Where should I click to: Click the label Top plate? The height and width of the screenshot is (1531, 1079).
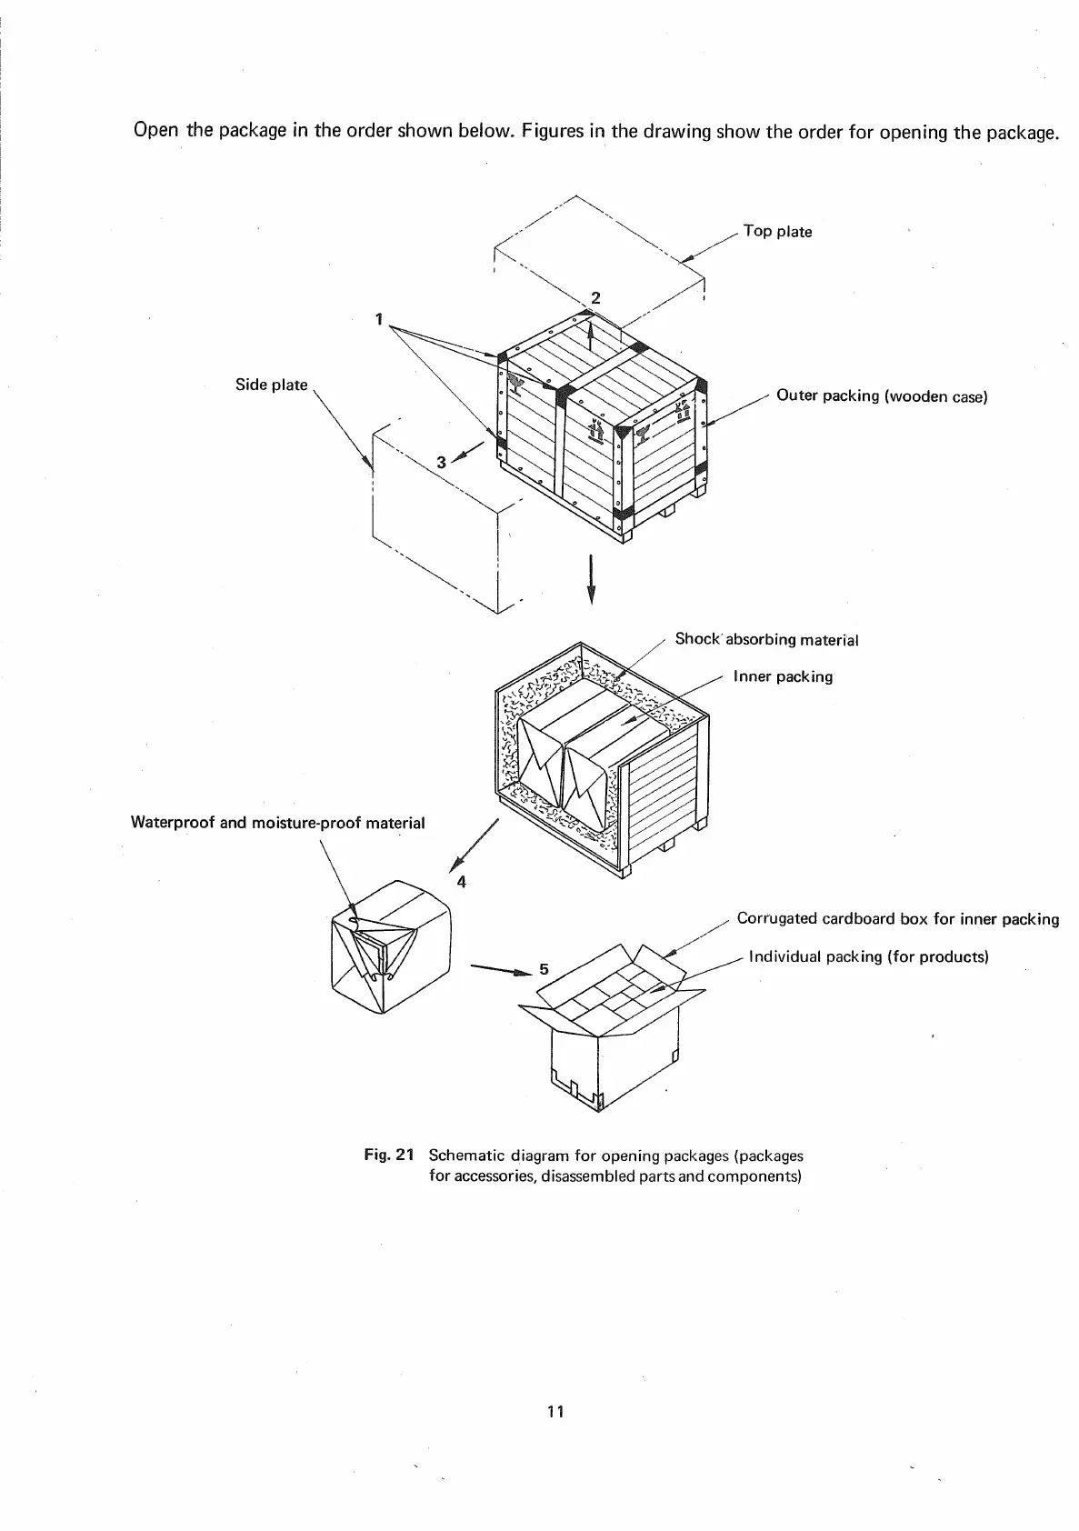click(777, 232)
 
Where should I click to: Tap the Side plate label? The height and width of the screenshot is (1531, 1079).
click(271, 385)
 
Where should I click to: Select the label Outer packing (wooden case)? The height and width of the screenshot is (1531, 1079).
click(881, 396)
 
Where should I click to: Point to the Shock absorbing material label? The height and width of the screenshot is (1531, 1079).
click(766, 639)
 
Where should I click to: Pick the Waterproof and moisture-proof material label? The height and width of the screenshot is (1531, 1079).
click(277, 823)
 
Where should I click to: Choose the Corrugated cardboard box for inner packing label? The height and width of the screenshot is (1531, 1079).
click(897, 919)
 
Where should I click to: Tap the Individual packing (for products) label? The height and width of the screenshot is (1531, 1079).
click(867, 956)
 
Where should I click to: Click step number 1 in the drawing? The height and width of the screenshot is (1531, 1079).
click(378, 319)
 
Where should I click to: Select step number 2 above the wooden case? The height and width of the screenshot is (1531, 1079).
click(595, 297)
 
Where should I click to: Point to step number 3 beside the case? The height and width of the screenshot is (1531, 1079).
click(441, 463)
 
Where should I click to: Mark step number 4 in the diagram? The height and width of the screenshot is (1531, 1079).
click(462, 881)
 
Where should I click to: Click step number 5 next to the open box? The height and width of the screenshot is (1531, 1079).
click(544, 969)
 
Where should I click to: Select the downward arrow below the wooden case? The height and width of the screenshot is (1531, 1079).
click(592, 578)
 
